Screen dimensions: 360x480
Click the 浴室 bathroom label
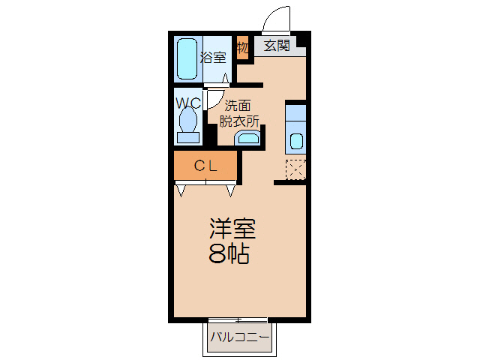click(212, 56)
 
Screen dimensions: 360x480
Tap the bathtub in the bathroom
click(187, 59)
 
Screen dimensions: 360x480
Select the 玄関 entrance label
click(277, 46)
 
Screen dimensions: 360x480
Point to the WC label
click(187, 101)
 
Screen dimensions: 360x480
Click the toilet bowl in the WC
click(188, 121)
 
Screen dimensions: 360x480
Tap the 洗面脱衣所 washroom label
click(238, 112)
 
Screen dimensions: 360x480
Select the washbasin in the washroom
click(247, 137)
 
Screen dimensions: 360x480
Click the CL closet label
click(205, 166)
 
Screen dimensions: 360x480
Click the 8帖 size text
click(229, 254)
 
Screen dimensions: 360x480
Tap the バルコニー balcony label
click(239, 337)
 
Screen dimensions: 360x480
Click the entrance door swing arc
click(274, 18)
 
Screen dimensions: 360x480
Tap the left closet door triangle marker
click(181, 189)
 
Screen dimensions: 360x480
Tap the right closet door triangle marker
click(231, 189)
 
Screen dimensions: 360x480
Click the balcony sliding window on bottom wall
click(239, 320)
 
